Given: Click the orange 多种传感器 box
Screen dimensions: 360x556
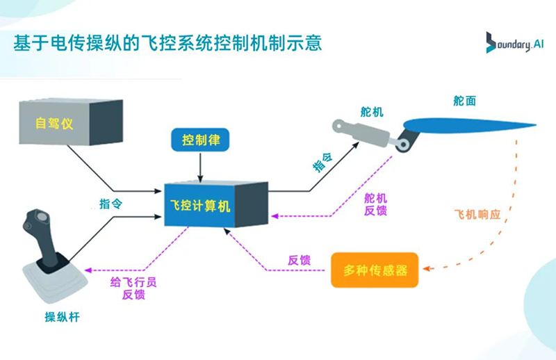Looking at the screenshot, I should point(375,269).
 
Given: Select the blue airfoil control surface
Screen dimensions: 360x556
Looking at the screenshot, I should point(466,126).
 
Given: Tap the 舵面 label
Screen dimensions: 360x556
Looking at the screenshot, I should point(464,101).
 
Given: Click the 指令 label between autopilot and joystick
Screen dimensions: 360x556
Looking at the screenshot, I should point(112,204).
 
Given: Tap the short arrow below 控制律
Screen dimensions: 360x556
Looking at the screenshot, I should point(200,167).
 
